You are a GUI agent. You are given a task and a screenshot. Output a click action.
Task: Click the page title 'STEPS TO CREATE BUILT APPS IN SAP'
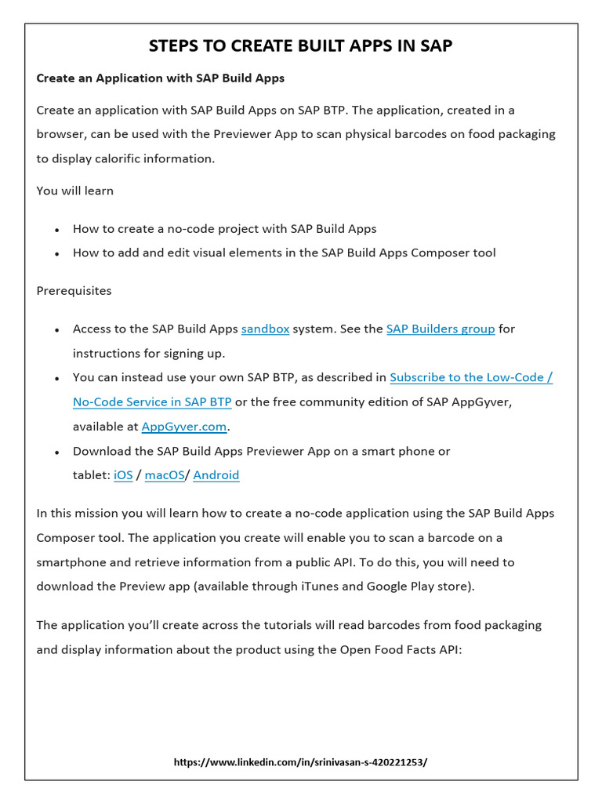(x=300, y=45)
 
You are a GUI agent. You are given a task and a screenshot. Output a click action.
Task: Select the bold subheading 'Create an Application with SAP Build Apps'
(x=160, y=78)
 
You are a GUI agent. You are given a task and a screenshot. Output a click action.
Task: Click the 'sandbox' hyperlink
(x=265, y=329)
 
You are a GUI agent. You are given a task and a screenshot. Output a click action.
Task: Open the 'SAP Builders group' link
(x=441, y=329)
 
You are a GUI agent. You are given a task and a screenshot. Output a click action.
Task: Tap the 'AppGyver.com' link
(x=184, y=427)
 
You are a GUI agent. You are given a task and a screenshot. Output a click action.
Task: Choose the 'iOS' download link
(x=123, y=475)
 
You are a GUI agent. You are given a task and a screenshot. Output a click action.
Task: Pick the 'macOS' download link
(x=165, y=475)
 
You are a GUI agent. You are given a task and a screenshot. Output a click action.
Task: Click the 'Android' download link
(x=216, y=475)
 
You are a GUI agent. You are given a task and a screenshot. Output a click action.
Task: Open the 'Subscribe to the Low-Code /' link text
(x=470, y=377)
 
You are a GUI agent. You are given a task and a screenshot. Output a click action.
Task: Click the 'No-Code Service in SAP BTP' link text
(x=152, y=401)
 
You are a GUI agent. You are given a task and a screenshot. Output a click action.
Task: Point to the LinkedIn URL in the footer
(x=300, y=761)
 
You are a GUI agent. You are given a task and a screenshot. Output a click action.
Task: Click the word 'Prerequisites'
(x=74, y=291)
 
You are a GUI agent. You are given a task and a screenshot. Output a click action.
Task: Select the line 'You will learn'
(x=74, y=191)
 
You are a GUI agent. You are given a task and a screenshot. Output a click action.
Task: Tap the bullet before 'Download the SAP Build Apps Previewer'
(x=57, y=452)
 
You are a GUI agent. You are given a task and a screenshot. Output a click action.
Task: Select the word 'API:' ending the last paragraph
(x=448, y=649)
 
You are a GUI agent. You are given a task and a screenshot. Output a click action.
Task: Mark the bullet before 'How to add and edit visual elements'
(x=57, y=254)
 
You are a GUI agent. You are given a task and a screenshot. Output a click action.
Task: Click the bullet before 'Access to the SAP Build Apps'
(x=57, y=330)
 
